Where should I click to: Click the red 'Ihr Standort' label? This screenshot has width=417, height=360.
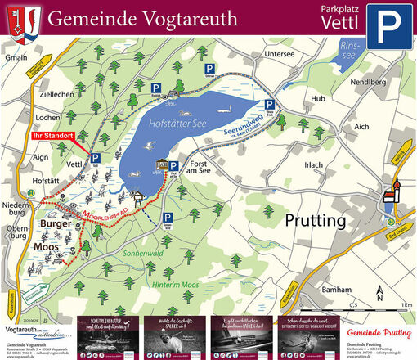[52, 135]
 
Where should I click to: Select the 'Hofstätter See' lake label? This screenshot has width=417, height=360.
[178, 124]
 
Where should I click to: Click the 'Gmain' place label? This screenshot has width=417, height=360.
[16, 59]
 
